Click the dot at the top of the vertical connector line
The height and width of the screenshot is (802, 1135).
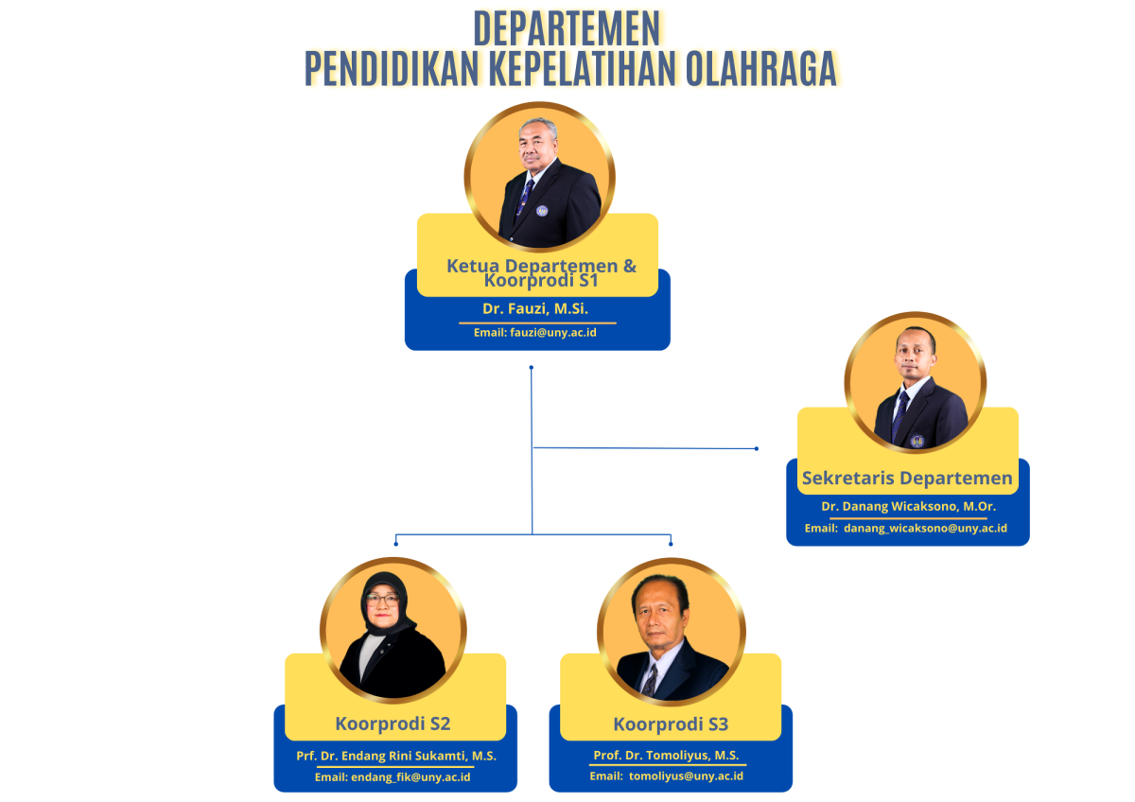tap(531, 367)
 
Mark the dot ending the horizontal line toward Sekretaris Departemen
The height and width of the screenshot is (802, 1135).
tap(757, 448)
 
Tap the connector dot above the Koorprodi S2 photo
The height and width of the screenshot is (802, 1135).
tap(395, 544)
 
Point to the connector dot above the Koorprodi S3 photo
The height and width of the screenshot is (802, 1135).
tap(671, 544)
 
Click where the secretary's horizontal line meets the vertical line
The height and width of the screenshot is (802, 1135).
tap(532, 448)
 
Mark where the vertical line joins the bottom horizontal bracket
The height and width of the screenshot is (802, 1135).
tap(532, 534)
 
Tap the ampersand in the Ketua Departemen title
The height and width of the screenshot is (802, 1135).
tap(629, 266)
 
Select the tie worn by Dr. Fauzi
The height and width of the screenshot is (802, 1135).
tap(524, 198)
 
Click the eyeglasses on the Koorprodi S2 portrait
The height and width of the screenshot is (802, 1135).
tap(382, 601)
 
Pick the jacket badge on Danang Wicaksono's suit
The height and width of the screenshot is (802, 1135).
tap(917, 441)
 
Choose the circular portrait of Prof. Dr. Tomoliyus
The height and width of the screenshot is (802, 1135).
tap(672, 631)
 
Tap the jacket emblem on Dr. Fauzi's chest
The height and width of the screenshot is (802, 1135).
tap(542, 211)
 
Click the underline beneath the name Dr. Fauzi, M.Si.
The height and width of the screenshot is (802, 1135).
tap(537, 323)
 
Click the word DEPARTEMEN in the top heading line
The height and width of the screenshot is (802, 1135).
tap(567, 29)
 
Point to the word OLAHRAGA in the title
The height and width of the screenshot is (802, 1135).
tap(761, 68)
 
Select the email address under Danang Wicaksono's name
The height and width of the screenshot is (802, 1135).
tap(925, 528)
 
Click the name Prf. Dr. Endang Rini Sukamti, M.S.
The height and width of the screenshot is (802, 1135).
tap(396, 756)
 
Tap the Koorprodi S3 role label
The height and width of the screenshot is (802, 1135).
tap(671, 724)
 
